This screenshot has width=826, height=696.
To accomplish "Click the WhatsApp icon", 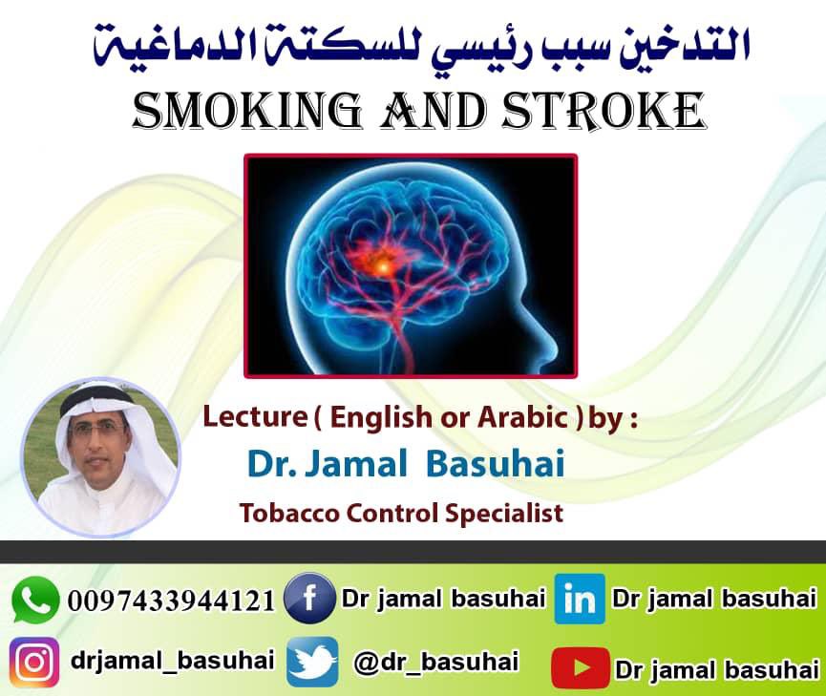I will [x=35, y=601].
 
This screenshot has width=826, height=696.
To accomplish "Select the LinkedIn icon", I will [x=580, y=600].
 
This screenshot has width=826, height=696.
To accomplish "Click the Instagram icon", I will [x=34, y=661].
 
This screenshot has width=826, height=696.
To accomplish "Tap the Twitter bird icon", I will [x=312, y=662].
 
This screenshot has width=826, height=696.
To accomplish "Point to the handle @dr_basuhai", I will [x=436, y=662].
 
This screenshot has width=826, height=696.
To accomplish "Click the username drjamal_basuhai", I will [x=173, y=660].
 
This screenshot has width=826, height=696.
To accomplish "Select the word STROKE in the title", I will [x=614, y=112].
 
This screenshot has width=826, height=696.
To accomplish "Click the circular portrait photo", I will [x=100, y=457].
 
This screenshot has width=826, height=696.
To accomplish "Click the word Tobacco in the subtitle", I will [x=282, y=513].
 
